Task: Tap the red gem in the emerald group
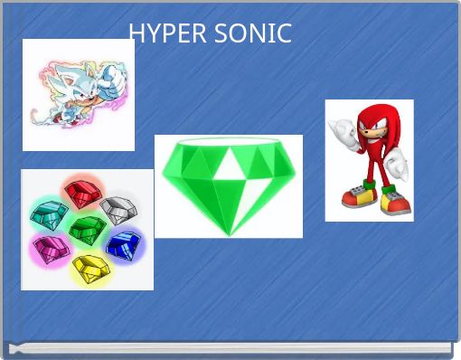click(80, 192)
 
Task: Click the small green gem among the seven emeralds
click(85, 228)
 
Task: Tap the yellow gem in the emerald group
click(89, 268)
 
